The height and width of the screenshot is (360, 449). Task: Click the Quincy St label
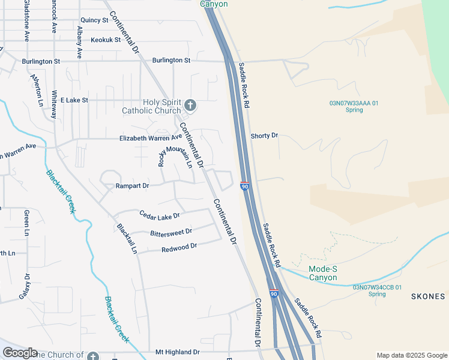94,20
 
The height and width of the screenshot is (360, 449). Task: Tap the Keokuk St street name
106,40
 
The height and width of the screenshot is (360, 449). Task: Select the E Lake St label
74,100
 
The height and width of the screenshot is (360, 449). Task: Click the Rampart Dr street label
132,186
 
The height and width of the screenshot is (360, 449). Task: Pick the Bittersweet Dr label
171,232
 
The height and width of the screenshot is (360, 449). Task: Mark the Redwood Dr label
179,247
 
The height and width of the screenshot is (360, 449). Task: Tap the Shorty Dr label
264,136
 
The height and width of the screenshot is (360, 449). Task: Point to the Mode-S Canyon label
323,273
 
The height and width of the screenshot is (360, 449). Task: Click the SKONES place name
428,296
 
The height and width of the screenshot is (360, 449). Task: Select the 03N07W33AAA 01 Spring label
354,106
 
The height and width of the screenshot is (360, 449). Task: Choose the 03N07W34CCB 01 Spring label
377,290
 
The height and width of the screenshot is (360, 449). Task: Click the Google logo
20,353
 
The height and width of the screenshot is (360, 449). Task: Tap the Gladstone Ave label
26,20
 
